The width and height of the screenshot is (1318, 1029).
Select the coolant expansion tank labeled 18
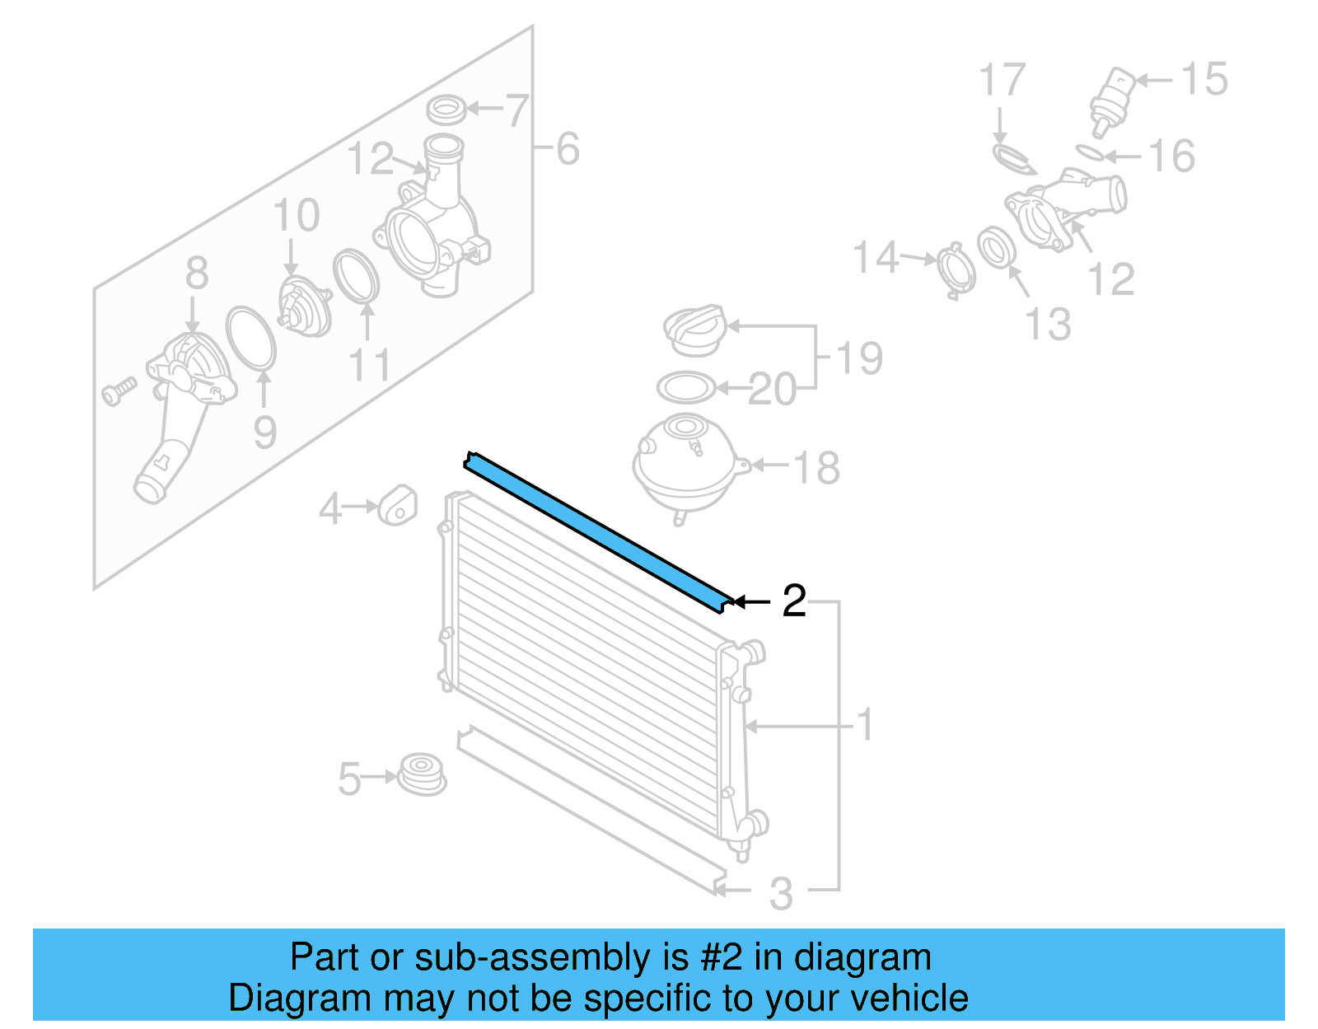tap(685, 463)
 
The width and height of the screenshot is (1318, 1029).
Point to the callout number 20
tap(772, 389)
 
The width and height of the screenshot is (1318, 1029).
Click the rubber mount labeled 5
tap(422, 774)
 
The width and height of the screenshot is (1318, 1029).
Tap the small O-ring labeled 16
tap(1089, 152)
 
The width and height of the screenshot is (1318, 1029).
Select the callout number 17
tap(1002, 81)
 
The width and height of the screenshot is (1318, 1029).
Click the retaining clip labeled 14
tap(956, 269)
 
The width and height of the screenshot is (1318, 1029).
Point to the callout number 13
tap(1048, 324)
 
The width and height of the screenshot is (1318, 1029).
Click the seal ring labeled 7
tap(445, 108)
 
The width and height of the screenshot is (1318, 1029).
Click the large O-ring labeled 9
tap(250, 338)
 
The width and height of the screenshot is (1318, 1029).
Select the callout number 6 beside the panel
tap(568, 149)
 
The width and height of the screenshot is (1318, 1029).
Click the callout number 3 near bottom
tap(780, 894)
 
